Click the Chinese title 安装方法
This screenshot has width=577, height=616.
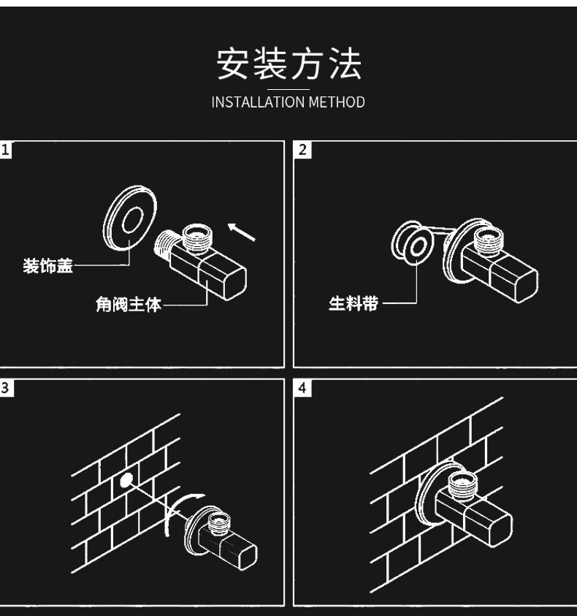[288, 64]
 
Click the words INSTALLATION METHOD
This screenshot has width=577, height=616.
[288, 102]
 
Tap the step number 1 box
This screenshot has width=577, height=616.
[7, 150]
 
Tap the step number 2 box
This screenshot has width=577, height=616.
[302, 150]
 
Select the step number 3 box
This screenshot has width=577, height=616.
[7, 387]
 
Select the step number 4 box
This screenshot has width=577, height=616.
[302, 387]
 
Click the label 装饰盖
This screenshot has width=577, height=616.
[48, 266]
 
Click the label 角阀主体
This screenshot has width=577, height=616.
[129, 304]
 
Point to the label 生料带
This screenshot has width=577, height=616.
[354, 303]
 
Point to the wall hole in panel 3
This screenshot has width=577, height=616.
[126, 479]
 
